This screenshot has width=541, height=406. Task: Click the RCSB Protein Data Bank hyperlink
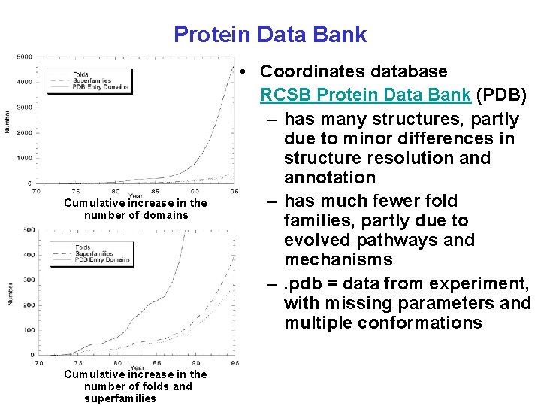pos(365,95)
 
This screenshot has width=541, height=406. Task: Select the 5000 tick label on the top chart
pos(24,56)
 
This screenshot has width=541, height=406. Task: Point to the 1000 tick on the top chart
pos(24,158)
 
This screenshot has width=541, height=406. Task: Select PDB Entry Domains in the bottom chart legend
pos(102,260)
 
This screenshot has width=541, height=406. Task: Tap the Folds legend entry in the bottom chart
pos(82,247)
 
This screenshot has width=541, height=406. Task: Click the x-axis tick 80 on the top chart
pos(115,192)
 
